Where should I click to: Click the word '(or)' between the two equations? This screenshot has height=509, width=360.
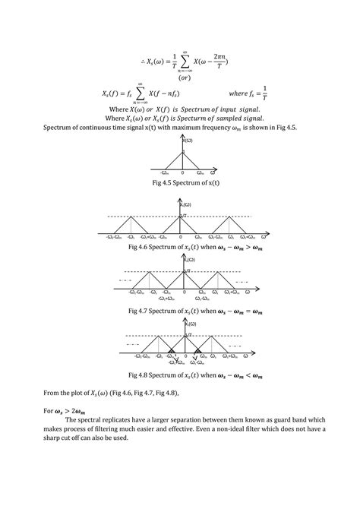tap(184, 77)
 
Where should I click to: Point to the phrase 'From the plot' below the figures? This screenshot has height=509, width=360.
tap(52, 392)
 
